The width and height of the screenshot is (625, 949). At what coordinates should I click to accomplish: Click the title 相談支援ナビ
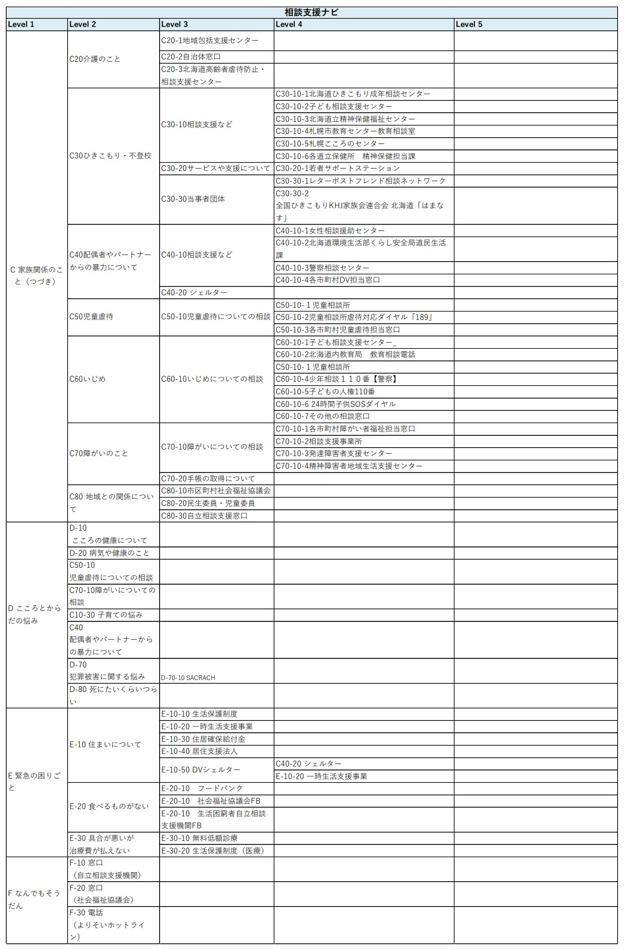(x=312, y=12)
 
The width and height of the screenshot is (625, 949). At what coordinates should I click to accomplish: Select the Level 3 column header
(x=175, y=25)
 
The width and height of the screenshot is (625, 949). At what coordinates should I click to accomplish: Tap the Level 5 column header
(x=469, y=25)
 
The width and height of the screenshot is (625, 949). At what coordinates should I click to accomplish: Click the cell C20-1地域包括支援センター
(x=210, y=41)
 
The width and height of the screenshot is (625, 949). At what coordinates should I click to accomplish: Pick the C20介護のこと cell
(x=95, y=59)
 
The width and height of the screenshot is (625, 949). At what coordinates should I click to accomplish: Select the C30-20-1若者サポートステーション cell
(x=337, y=168)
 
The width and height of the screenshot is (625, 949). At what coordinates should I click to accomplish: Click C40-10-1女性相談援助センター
(x=330, y=230)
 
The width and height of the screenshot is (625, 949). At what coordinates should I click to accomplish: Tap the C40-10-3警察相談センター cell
(x=322, y=268)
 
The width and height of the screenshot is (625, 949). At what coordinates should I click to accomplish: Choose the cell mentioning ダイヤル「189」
(x=354, y=317)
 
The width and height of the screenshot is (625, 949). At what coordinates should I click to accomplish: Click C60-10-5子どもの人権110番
(x=325, y=391)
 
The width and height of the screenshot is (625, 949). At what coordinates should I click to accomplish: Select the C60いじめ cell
(x=88, y=379)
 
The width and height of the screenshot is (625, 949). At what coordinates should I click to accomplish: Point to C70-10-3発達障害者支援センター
(x=334, y=453)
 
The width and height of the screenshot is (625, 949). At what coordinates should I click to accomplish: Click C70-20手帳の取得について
(x=208, y=478)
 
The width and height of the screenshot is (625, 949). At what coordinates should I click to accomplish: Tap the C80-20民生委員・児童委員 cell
(x=208, y=503)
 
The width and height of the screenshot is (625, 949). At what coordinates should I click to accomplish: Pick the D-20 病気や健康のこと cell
(x=109, y=553)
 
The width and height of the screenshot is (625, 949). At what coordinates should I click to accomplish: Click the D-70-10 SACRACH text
(x=188, y=678)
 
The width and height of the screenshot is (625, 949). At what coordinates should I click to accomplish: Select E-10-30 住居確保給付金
(x=204, y=739)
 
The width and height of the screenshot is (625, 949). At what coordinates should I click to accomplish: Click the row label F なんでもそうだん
(x=35, y=899)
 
